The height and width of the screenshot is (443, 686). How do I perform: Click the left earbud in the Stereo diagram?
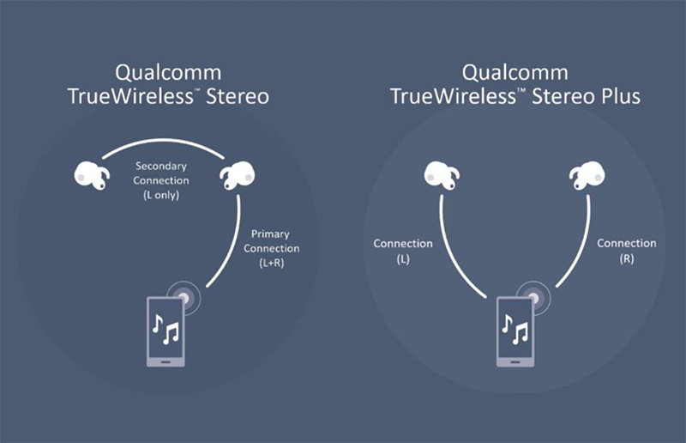pyautogui.click(x=92, y=175)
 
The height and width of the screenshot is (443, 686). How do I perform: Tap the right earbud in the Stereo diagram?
pyautogui.click(x=238, y=175)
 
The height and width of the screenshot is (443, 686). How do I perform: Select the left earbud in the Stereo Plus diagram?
pyautogui.click(x=442, y=175)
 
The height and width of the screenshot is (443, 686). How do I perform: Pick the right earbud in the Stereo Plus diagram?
pyautogui.click(x=587, y=175)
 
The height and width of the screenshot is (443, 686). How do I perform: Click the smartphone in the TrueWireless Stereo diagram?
pyautogui.click(x=165, y=331)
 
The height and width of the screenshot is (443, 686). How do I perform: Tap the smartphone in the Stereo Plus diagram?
pyautogui.click(x=515, y=331)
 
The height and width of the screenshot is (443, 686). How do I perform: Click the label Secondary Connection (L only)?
pyautogui.click(x=161, y=180)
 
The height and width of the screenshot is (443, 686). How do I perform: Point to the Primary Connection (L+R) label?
pyautogui.click(x=271, y=248)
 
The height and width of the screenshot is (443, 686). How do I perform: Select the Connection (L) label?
pyautogui.click(x=402, y=251)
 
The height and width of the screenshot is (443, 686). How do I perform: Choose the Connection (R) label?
pyautogui.click(x=627, y=251)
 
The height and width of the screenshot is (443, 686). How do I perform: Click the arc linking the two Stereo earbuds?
pyautogui.click(x=163, y=141)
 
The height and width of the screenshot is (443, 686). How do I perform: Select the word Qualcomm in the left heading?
pyautogui.click(x=168, y=73)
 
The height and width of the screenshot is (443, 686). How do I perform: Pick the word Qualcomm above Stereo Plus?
pyautogui.click(x=515, y=73)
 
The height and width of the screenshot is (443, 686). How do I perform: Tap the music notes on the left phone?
pyautogui.click(x=165, y=329)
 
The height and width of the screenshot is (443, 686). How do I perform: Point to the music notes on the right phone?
pyautogui.click(x=515, y=329)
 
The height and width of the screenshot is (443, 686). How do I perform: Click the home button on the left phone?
pyautogui.click(x=165, y=362)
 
